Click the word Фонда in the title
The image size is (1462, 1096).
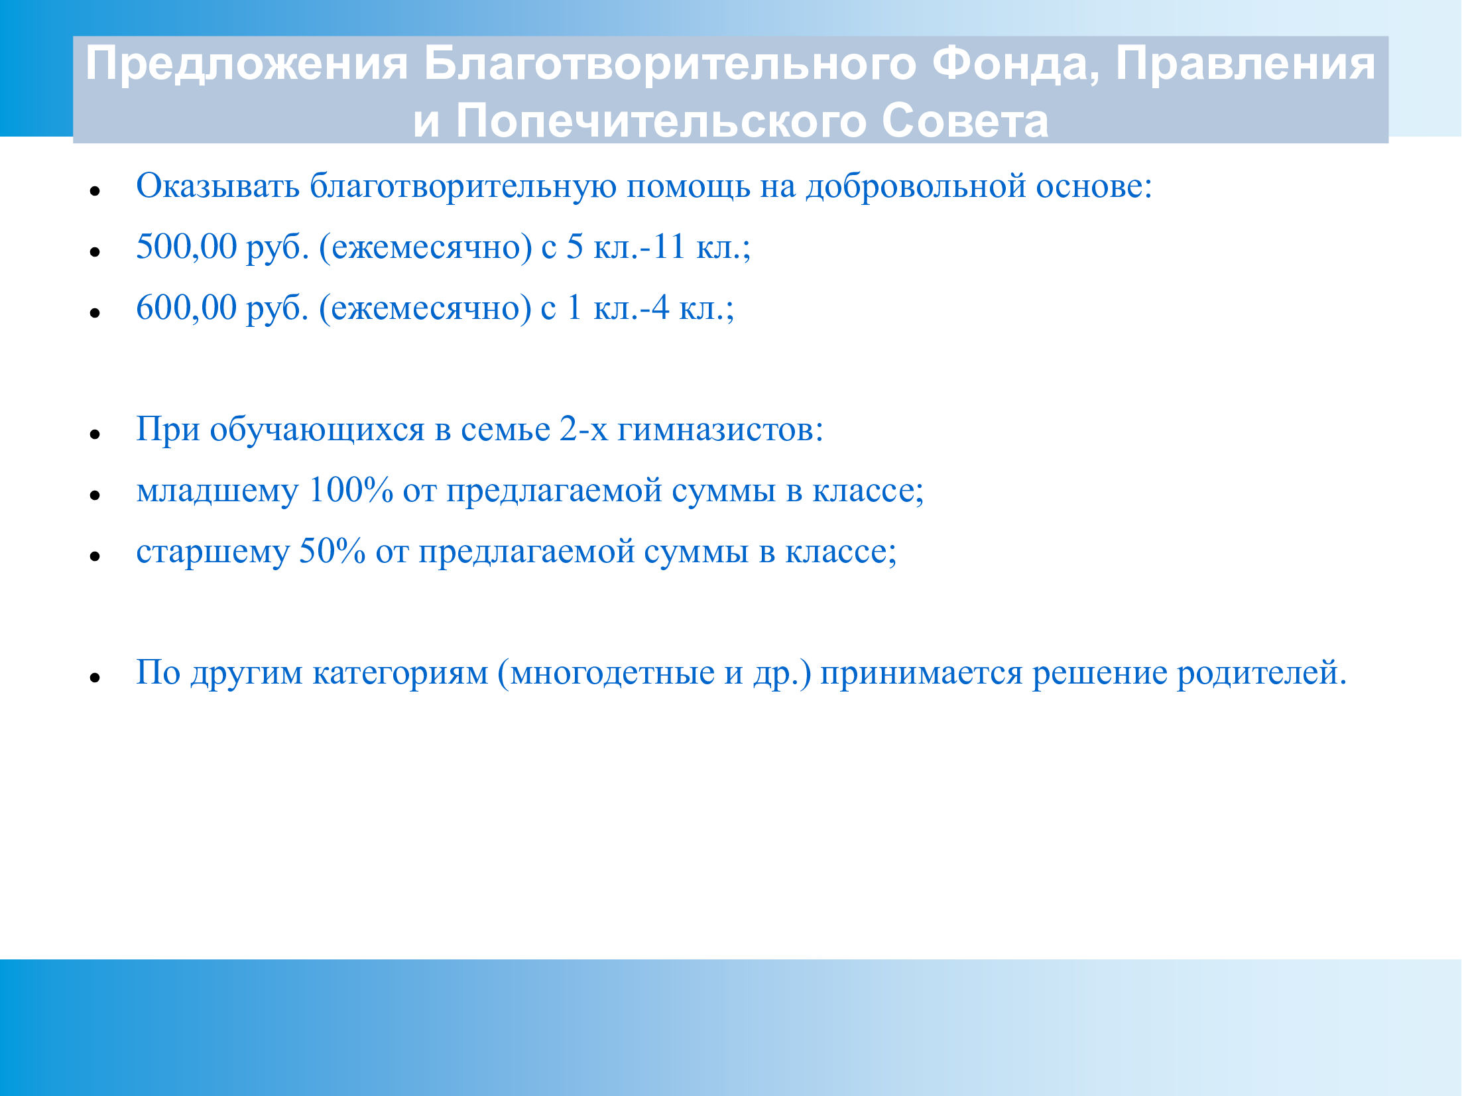[1015, 64]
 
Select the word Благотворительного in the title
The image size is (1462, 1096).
[670, 64]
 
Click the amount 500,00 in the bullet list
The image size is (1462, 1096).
[186, 247]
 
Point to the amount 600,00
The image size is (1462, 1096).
[186, 308]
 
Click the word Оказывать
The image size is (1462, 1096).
[217, 186]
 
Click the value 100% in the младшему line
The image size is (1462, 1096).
[351, 491]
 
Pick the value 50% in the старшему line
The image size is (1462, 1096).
[332, 552]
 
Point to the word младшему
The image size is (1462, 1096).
[217, 492]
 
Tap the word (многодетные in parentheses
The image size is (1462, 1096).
[606, 674]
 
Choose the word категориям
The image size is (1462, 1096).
[400, 674]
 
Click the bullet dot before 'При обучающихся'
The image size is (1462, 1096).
[95, 435]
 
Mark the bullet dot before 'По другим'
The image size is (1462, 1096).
[95, 678]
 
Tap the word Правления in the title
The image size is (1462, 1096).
[1245, 64]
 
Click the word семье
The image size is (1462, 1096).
[505, 430]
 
